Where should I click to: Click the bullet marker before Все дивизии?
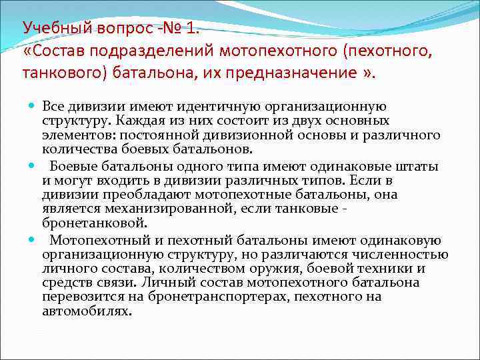(x=31, y=107)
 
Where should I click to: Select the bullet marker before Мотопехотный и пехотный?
(x=31, y=241)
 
